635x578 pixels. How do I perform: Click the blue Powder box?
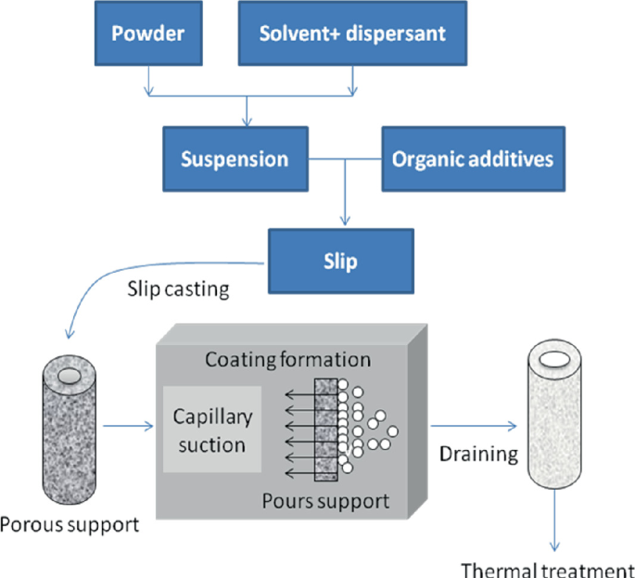click(147, 33)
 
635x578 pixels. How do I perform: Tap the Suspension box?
click(235, 158)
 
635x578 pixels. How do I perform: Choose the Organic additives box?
click(472, 158)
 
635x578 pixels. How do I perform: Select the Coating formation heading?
click(287, 360)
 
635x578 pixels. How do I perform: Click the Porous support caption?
click(70, 525)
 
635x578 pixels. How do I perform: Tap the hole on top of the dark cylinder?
click(70, 375)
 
